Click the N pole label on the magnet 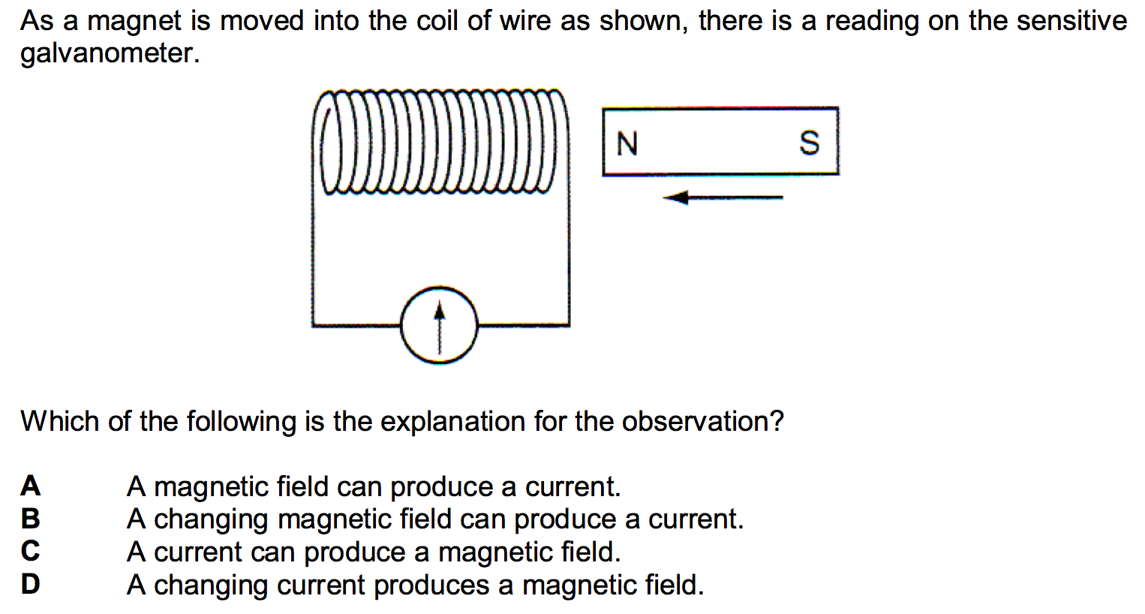point(627,143)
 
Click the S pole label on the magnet point(810,142)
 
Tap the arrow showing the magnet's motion point(723,198)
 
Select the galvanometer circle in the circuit point(439,325)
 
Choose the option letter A point(30,486)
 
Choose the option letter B point(30,519)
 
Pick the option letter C point(30,552)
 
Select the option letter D point(30,584)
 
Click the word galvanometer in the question point(110,53)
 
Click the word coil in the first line point(437,21)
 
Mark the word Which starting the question point(60,422)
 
